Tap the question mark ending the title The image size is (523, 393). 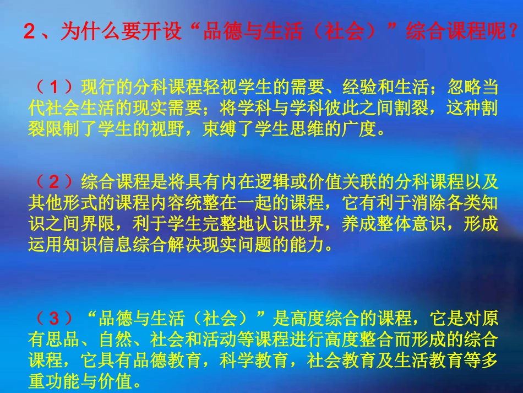tap(515, 33)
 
